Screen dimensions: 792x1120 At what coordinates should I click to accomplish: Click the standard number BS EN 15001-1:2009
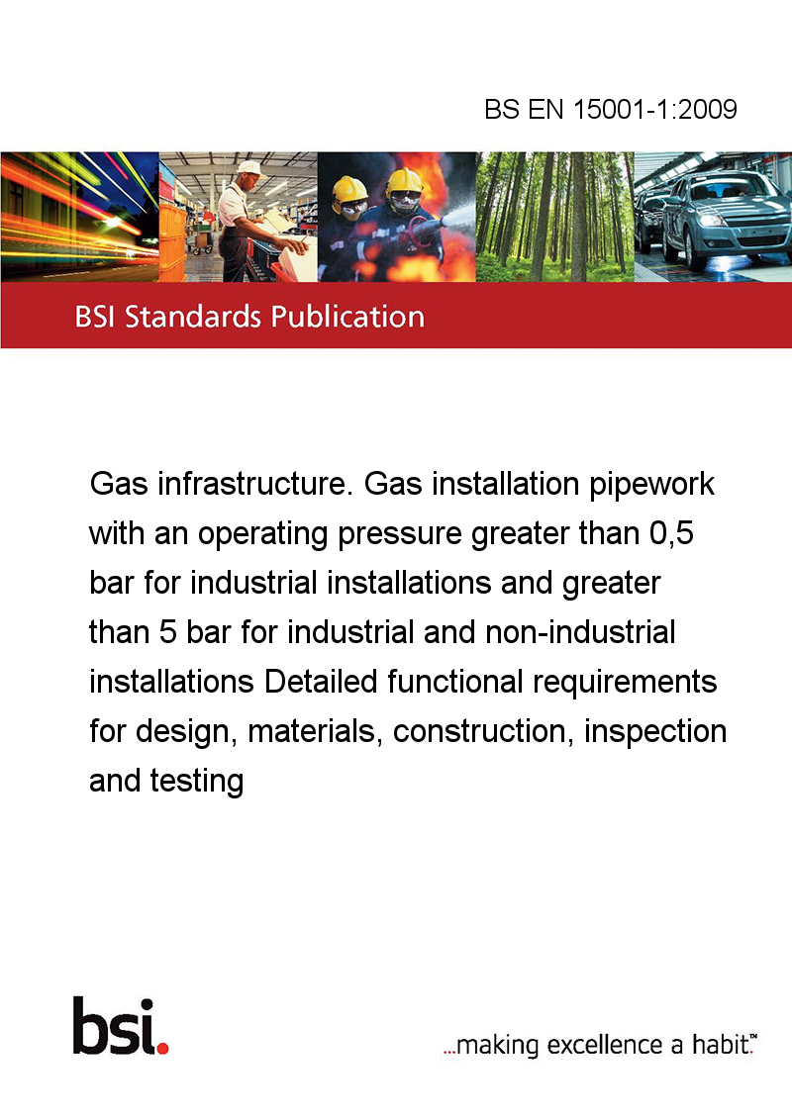click(x=611, y=109)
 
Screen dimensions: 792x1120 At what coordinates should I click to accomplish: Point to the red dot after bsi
click(x=162, y=1048)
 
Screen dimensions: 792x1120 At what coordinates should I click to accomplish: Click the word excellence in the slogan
click(x=605, y=1045)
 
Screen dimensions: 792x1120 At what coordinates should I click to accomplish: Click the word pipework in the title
click(x=651, y=485)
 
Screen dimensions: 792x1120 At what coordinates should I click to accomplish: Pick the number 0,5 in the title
click(x=671, y=533)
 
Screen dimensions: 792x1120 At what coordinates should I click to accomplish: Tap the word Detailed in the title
click(x=321, y=682)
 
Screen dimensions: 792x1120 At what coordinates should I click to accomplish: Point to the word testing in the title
click(x=197, y=782)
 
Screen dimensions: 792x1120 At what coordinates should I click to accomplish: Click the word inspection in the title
click(x=655, y=732)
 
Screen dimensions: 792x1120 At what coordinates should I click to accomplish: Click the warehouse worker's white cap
click(x=249, y=168)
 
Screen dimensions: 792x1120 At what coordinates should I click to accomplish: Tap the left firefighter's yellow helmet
click(x=349, y=189)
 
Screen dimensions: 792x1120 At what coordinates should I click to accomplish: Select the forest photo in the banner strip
click(x=554, y=217)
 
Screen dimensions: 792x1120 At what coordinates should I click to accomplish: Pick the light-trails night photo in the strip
click(x=79, y=217)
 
